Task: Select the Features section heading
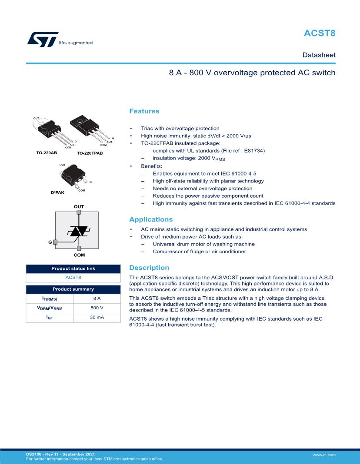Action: click(144, 112)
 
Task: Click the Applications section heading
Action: click(151, 219)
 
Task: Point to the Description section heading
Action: click(149, 268)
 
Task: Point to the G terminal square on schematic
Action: click(55, 242)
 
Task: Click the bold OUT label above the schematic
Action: click(79, 206)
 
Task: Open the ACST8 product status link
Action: click(73, 277)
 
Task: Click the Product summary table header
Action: click(73, 289)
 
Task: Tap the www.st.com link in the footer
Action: click(324, 454)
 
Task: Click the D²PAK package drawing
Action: click(72, 176)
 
